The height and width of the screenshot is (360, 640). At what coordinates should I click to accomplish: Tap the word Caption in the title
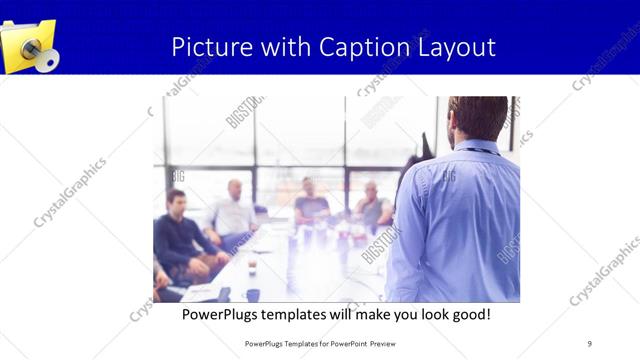coord(360,47)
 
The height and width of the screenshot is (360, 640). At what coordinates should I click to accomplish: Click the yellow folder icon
coord(27,45)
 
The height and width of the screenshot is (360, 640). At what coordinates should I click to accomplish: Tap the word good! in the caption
coord(467,315)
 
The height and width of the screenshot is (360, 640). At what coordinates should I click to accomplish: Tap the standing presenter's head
coord(478,118)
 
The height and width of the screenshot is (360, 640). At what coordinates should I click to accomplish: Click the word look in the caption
coord(419,315)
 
